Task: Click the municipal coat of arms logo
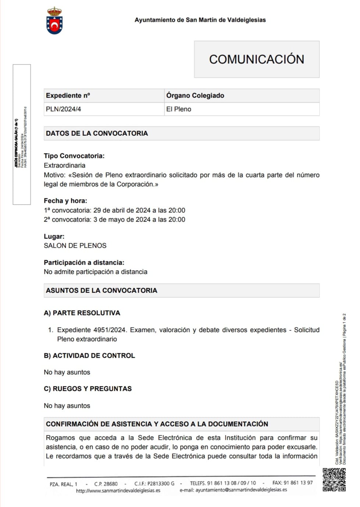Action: pos(54,21)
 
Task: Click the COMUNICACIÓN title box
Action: pos(256,59)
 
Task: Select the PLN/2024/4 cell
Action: pos(64,109)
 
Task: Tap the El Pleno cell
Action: pos(179,109)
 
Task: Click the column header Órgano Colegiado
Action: pos(195,96)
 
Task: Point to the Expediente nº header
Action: pos(68,96)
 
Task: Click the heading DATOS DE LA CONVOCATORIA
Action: pos(97,134)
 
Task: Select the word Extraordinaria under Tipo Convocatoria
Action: pos(64,166)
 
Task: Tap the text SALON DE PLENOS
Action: pos(75,246)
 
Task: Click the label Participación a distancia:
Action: pos(84,263)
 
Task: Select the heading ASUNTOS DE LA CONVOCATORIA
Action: pos(101,291)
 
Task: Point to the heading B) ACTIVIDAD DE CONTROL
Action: pos(89,356)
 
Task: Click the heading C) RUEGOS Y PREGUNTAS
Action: pos(88,389)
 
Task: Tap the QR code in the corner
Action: pos(334,480)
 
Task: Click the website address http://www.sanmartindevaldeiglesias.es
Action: pos(118,490)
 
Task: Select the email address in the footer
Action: pos(241,490)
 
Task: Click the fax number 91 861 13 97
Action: pos(298,483)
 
